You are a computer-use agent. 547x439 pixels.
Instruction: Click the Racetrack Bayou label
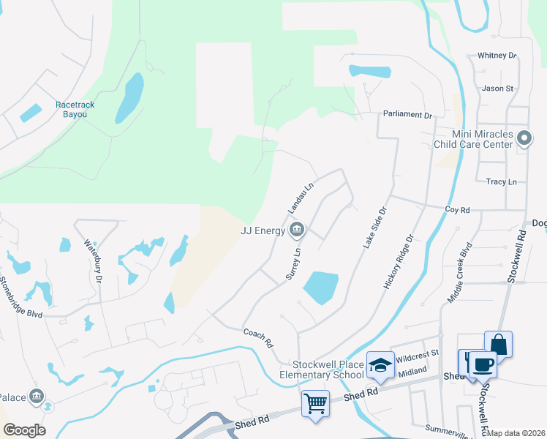(75, 110)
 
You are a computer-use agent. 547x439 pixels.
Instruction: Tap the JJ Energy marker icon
(297, 231)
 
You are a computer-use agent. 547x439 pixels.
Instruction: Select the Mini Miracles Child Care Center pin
(524, 138)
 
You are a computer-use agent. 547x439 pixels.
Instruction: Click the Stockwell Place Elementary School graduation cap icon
(380, 365)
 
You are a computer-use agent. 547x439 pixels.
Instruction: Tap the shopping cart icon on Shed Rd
(315, 402)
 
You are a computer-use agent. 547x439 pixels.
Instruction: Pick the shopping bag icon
(498, 344)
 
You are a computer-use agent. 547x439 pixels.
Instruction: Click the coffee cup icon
(483, 364)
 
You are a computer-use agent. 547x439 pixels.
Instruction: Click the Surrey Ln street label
(293, 262)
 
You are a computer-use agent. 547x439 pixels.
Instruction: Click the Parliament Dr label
(408, 115)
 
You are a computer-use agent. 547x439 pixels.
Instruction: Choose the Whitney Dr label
(497, 56)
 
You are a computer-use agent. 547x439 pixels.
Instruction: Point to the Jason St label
(498, 89)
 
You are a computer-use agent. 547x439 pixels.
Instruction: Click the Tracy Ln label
(502, 181)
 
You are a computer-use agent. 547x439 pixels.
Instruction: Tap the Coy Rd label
(457, 210)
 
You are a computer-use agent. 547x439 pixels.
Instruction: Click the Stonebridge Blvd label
(21, 296)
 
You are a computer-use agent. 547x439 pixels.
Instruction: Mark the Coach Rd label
(257, 337)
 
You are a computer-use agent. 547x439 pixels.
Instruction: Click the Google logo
(24, 430)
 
